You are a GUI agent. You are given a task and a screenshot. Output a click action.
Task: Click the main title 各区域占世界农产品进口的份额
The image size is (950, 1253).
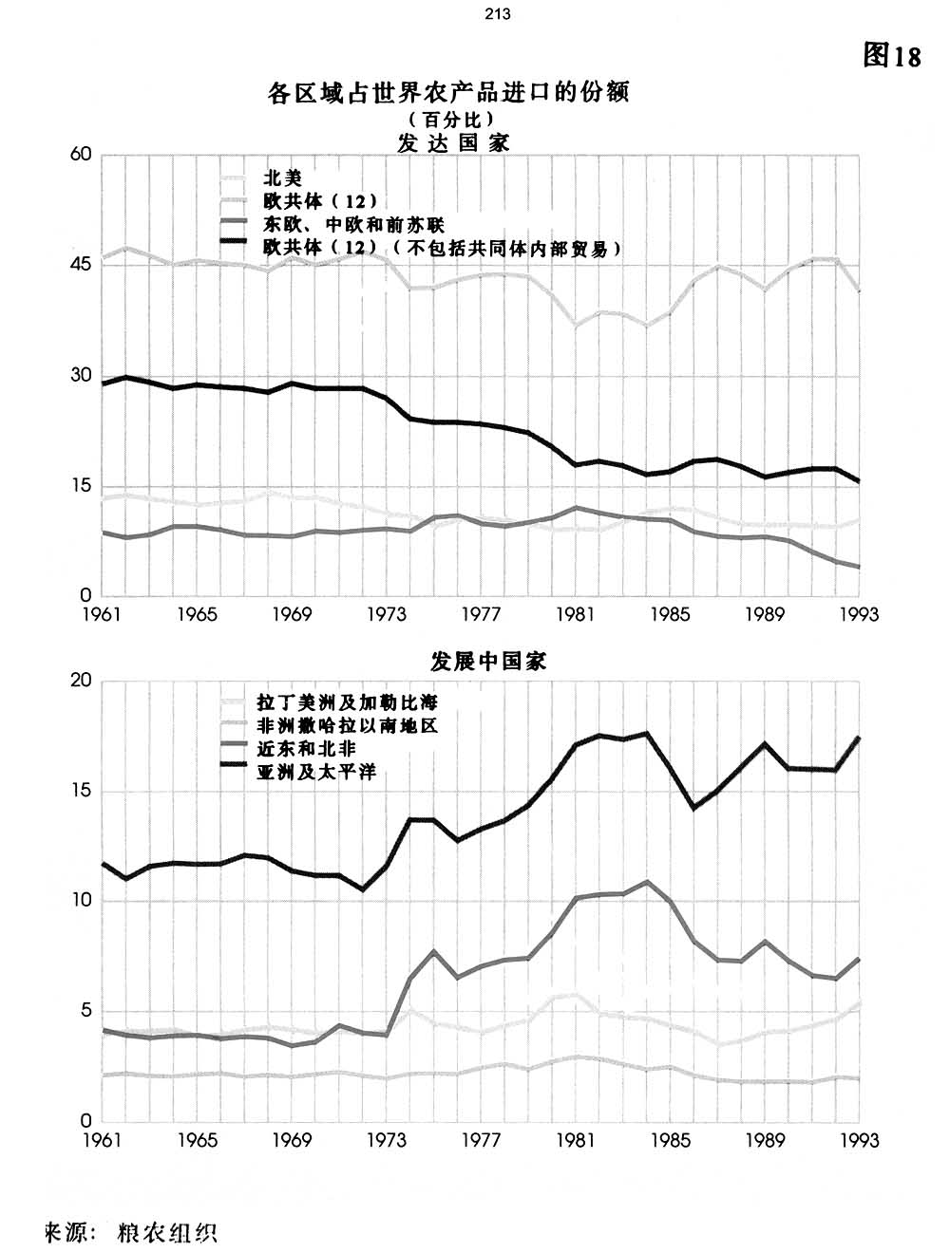click(x=449, y=94)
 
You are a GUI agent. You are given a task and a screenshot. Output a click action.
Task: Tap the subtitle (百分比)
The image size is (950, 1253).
click(x=449, y=120)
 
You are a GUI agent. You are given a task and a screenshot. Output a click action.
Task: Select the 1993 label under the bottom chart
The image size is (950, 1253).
click(x=860, y=1139)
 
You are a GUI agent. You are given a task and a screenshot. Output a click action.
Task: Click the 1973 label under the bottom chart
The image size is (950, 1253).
click(x=387, y=1139)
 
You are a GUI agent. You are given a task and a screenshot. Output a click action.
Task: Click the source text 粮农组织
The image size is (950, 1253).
click(x=167, y=1233)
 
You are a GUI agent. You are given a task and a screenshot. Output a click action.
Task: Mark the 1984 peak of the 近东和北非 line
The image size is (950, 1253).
click(x=647, y=882)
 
